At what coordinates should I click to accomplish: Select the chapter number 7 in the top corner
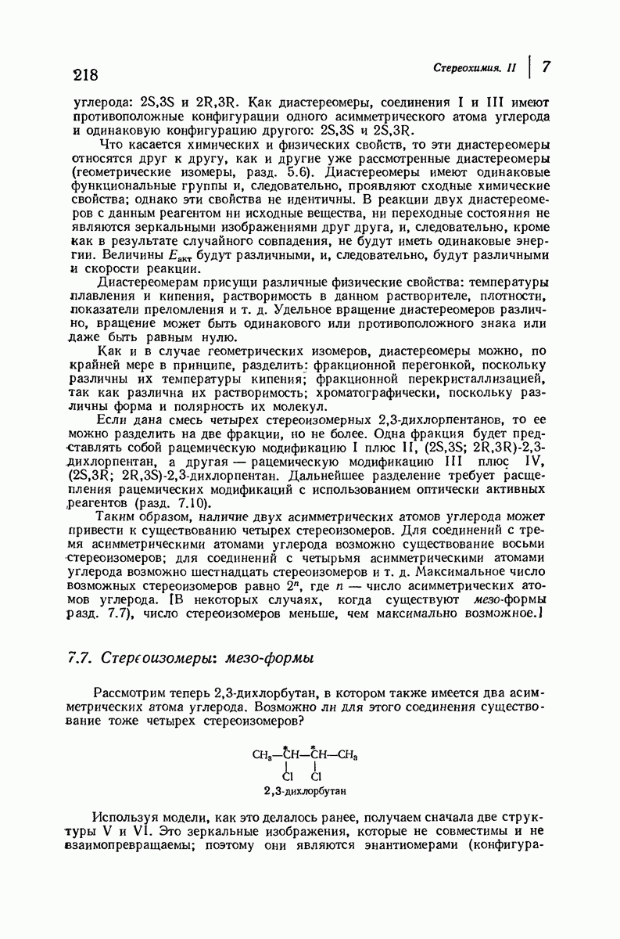547,67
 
